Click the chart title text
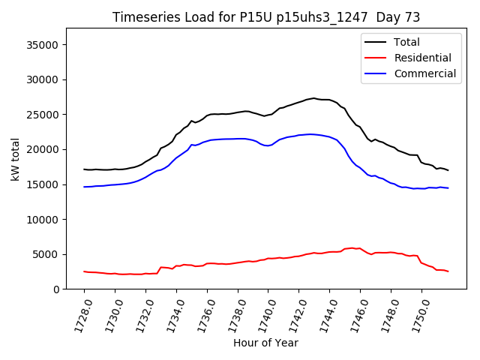266,17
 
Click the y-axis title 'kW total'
16,158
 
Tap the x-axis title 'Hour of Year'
265,343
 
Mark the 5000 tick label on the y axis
47,254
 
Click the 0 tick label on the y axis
57,289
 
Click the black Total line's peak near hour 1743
314,98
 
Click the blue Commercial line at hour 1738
238,139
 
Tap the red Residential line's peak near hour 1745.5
352,248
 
